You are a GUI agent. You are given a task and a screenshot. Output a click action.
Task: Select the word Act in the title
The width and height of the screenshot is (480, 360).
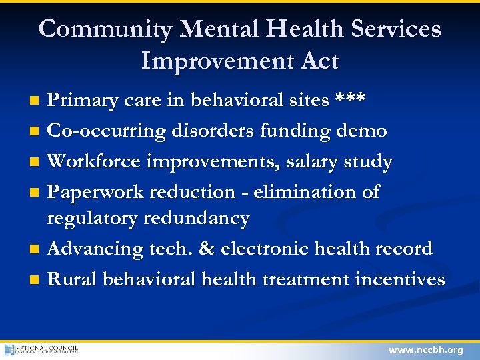pos(317,61)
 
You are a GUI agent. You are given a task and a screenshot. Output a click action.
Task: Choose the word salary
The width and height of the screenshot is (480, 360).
pos(311,161)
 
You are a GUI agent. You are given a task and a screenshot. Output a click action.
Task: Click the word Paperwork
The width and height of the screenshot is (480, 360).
pos(96,192)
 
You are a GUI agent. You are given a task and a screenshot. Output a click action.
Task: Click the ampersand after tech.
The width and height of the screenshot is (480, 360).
pos(206,249)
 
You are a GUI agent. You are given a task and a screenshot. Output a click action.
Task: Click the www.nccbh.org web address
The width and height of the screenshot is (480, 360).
pos(425,350)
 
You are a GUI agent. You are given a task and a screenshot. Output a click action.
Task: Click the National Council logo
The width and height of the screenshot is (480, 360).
pos(41,349)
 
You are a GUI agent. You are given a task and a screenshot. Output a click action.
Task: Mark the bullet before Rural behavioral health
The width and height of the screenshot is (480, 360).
pos(36,279)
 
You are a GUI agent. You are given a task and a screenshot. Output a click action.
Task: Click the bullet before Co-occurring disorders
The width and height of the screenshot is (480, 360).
pos(36,131)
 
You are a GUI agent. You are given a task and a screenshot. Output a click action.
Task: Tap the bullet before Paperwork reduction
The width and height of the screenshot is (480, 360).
pos(36,193)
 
